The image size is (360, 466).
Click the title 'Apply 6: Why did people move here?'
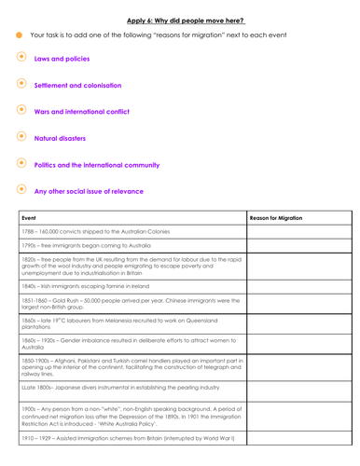[179, 20]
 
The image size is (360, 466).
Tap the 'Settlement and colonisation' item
[78, 85]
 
